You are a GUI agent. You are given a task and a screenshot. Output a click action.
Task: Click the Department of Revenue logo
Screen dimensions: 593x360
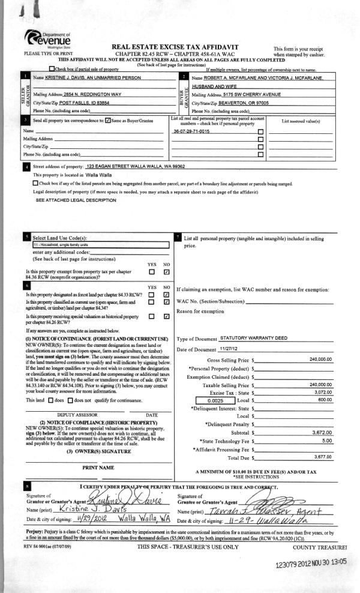[50, 41]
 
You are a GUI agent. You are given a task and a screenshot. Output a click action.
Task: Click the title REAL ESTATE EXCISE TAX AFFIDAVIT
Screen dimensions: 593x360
[175, 47]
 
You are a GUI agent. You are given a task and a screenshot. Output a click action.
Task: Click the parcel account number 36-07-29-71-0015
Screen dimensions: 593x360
[191, 130]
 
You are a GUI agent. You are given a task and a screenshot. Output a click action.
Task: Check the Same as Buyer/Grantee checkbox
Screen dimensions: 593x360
[108, 121]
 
